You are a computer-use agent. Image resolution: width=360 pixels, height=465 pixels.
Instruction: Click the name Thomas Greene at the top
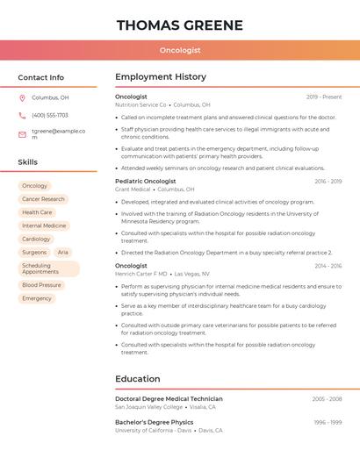179,25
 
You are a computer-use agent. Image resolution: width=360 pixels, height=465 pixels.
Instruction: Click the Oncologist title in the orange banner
180,51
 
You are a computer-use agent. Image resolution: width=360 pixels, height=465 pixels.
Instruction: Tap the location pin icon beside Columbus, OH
22,98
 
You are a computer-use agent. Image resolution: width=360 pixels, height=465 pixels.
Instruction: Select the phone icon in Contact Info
22,116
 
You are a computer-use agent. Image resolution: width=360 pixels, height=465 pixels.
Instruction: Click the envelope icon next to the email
22,134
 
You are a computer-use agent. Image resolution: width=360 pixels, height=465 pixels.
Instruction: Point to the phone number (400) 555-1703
50,116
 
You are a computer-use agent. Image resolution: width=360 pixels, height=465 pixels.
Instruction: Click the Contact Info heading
41,77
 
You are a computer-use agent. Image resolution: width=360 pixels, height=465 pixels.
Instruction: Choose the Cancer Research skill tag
43,199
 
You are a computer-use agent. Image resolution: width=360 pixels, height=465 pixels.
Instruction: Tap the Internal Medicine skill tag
44,225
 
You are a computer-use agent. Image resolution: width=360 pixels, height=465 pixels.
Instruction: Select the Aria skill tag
63,252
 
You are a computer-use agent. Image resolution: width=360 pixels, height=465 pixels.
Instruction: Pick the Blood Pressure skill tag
41,285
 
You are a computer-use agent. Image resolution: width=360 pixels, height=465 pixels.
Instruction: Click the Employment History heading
161,77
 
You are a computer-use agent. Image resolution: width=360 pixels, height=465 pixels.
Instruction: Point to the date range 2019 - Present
324,97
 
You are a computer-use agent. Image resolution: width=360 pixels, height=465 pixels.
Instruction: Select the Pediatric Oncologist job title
146,181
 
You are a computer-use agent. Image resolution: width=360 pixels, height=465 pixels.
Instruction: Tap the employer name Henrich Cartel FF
140,274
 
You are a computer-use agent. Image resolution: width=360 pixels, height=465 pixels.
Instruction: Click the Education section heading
137,379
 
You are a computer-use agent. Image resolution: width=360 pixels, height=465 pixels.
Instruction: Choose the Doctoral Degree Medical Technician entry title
169,398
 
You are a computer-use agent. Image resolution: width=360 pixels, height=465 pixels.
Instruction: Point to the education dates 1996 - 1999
328,422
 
